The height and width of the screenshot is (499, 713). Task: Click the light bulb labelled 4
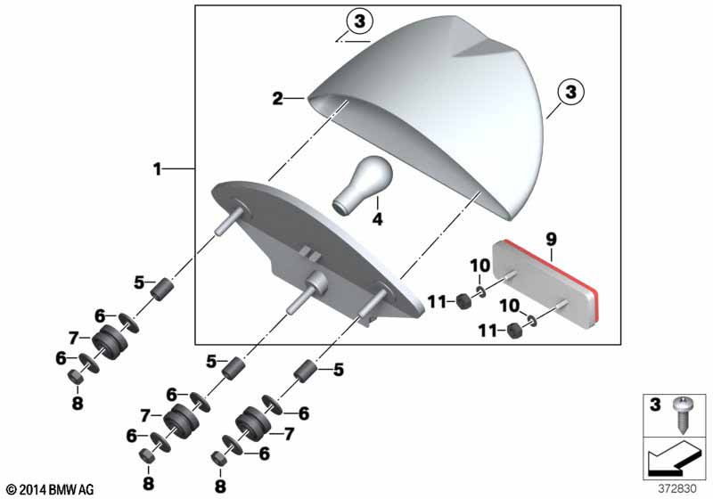pos(363,185)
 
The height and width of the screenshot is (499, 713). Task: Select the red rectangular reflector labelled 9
pos(546,282)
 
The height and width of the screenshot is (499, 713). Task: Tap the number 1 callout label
pos(157,169)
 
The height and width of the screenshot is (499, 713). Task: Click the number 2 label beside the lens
pos(278,98)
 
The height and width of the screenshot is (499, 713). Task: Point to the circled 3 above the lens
pos(359,21)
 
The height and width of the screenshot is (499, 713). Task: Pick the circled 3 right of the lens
pos(570,92)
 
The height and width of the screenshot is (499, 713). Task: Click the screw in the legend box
pos(681,414)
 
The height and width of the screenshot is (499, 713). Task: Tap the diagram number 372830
pos(677,489)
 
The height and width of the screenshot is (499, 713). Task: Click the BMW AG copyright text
pos(51,489)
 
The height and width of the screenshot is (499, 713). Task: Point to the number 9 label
pos(551,239)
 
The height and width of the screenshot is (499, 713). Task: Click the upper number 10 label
pos(479,266)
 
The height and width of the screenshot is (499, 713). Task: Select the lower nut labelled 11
pos(514,330)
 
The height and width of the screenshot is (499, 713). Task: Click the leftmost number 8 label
pos(78,402)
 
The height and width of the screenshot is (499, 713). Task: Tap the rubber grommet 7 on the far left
pos(109,343)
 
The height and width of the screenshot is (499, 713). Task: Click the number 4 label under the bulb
pos(377,219)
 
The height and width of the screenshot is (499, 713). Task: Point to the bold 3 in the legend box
pos(655,404)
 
